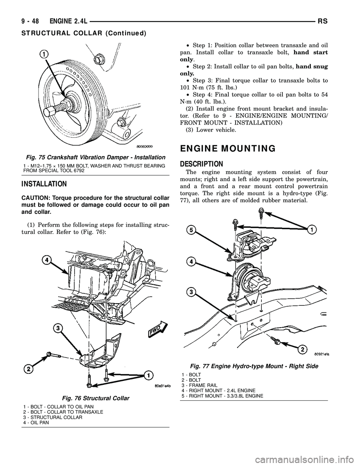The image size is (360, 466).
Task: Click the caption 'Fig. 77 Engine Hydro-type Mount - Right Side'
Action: click(x=255, y=366)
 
